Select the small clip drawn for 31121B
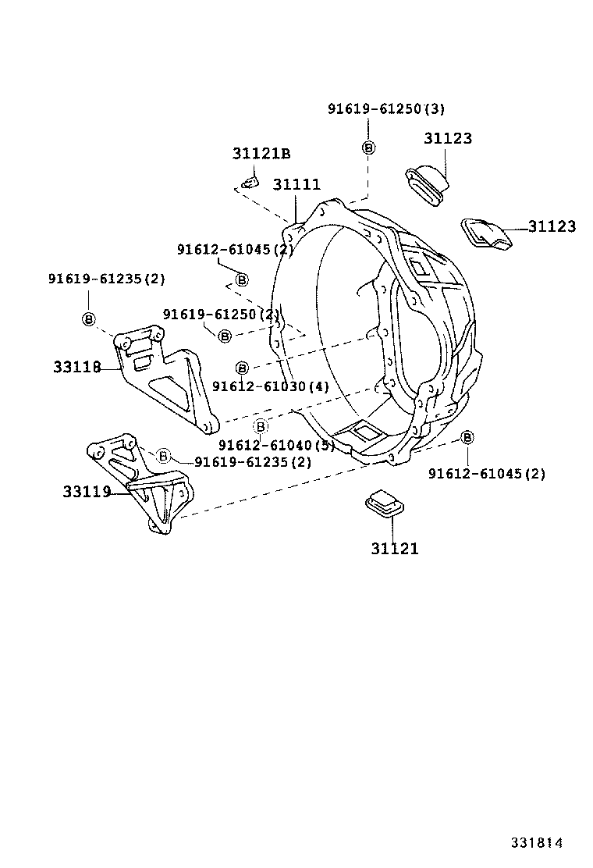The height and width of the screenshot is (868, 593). (x=248, y=184)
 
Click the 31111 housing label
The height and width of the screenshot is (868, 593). (x=296, y=184)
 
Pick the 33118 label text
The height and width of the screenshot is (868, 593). (x=77, y=366)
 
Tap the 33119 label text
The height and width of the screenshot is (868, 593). (x=87, y=492)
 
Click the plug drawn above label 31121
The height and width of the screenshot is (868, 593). (x=385, y=503)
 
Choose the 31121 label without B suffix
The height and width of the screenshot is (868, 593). (x=394, y=549)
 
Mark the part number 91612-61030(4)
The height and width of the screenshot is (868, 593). (x=270, y=386)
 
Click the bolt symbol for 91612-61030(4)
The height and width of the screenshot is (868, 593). (x=242, y=367)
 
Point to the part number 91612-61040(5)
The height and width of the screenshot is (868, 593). (x=276, y=445)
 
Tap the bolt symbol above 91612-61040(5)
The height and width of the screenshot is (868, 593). (x=261, y=426)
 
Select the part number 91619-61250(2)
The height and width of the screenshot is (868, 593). (x=221, y=314)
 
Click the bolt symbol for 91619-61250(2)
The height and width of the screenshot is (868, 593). (x=225, y=335)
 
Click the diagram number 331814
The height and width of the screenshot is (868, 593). (x=537, y=843)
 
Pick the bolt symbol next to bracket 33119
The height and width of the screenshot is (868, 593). (x=164, y=456)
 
